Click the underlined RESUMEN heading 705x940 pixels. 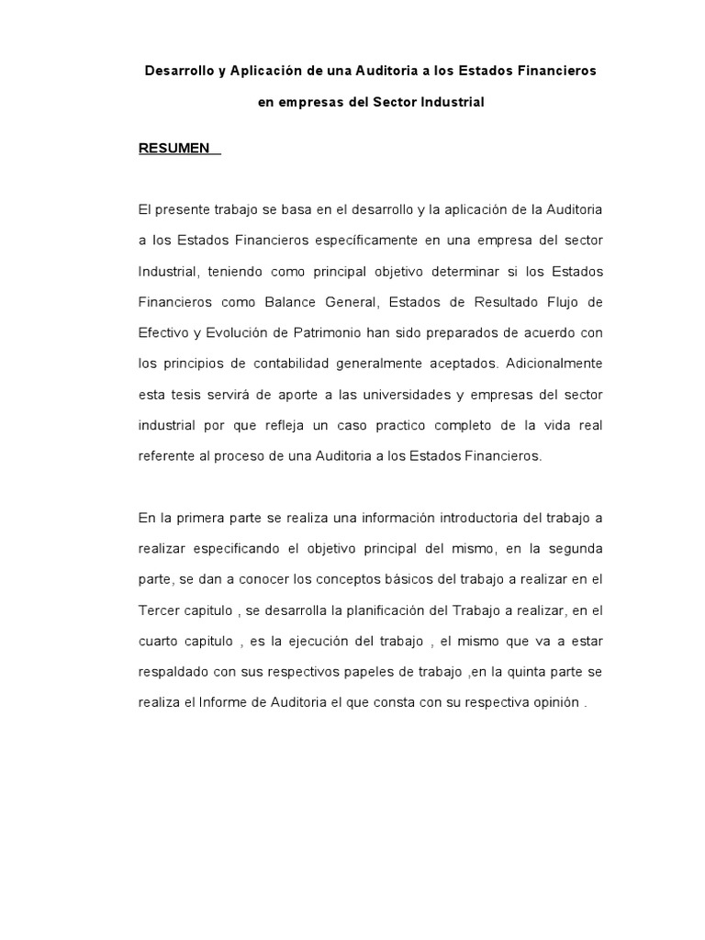(174, 149)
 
